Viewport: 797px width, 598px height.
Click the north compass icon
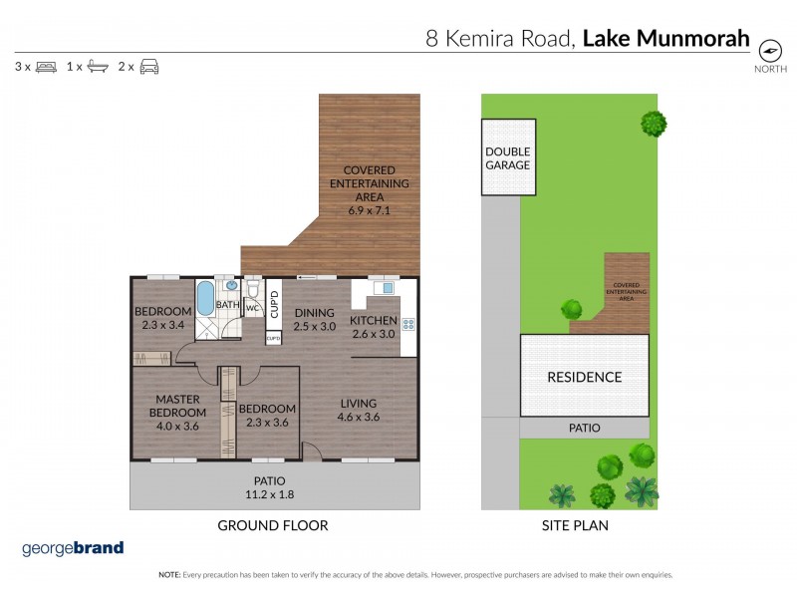[x=770, y=51]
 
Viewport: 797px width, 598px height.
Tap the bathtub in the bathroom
[x=204, y=298]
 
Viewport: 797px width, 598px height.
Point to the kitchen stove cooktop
[x=406, y=323]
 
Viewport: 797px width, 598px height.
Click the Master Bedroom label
[x=178, y=407]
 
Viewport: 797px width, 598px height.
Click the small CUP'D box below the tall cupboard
[x=273, y=338]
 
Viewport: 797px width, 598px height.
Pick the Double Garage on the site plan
[x=508, y=158]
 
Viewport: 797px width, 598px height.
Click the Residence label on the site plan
[x=584, y=377]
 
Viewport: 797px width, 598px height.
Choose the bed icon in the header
[x=46, y=67]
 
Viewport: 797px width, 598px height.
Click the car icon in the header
[x=149, y=67]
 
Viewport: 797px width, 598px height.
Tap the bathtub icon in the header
[x=98, y=67]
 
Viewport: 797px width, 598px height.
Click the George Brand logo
[x=73, y=547]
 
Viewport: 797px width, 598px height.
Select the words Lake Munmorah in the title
[x=665, y=39]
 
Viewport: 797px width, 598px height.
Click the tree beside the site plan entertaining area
[x=571, y=308]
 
